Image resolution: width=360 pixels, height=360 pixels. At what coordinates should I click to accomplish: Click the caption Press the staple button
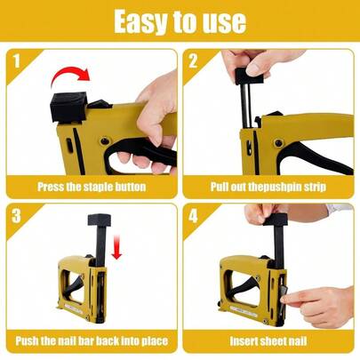point(91,188)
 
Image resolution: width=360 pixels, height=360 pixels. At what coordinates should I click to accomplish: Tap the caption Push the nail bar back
point(91,340)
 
